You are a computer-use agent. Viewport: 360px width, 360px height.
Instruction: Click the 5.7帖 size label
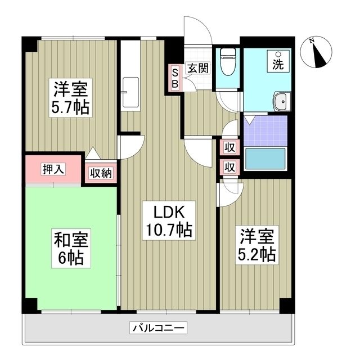click(71, 107)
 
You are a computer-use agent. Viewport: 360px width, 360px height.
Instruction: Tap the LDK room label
click(168, 212)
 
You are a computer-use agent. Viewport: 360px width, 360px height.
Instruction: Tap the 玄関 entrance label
click(198, 69)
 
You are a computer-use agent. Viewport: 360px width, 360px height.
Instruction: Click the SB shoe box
click(174, 78)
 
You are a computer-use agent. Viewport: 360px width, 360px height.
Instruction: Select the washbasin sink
click(280, 103)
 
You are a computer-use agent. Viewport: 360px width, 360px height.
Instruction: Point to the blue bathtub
click(266, 159)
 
